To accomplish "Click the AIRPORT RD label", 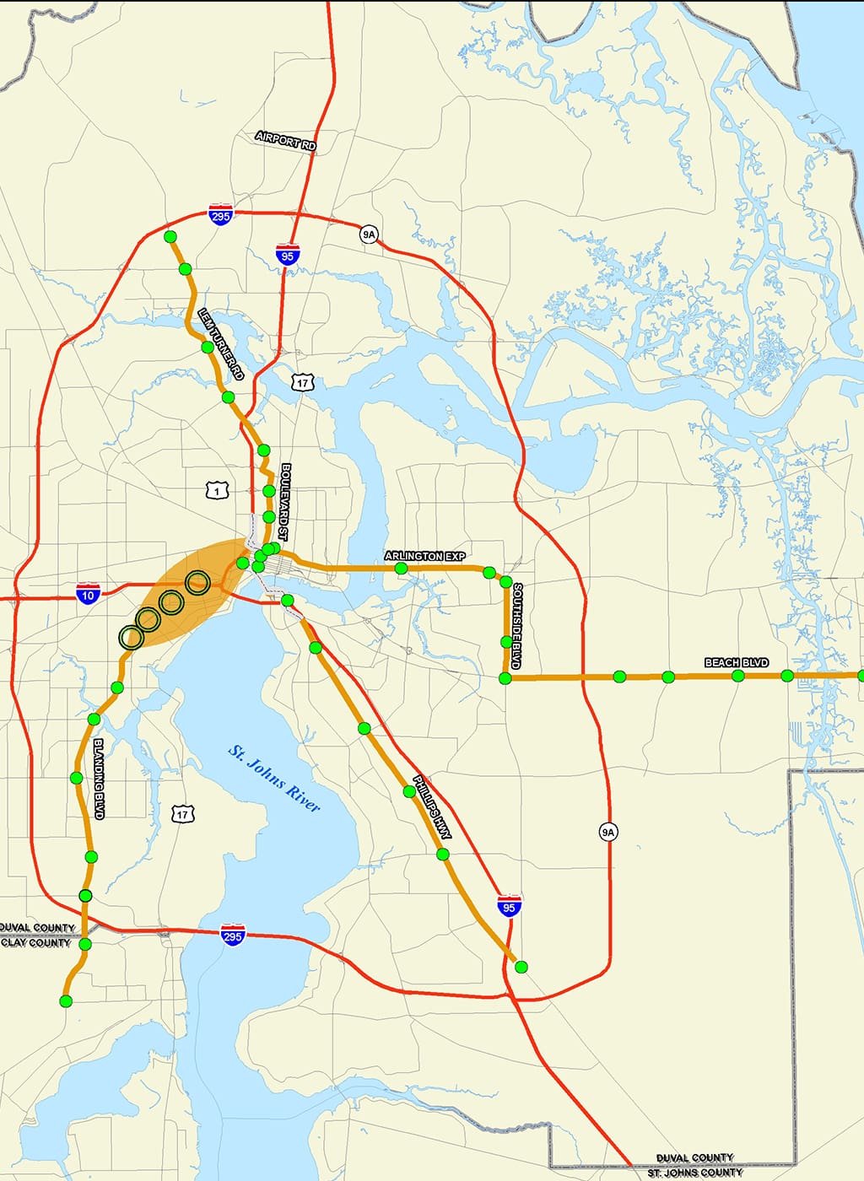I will tap(286, 141).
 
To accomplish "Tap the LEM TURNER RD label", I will tap(220, 343).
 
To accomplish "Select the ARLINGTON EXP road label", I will tap(424, 556).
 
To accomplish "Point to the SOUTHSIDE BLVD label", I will tap(516, 625).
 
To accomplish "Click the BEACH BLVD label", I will tap(737, 663).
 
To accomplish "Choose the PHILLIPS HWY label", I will tap(432, 807).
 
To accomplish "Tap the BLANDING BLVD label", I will tap(98, 779).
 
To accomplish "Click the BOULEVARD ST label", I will tap(285, 501).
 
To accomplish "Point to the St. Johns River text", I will tap(274, 779).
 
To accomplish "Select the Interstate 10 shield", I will tap(88, 594).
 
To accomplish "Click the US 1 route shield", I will tap(218, 490).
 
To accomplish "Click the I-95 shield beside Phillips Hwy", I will tap(508, 906).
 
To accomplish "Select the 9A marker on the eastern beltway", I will tap(608, 832).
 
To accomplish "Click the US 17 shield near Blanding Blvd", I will tap(182, 814).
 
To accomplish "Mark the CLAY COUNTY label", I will tap(35, 943).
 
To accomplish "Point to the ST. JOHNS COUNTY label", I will tap(695, 1173).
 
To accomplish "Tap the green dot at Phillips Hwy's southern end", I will tap(521, 967).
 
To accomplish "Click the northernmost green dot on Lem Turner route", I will tap(170, 236).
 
